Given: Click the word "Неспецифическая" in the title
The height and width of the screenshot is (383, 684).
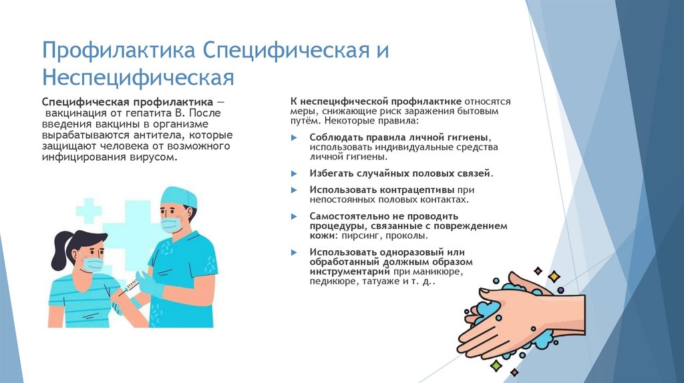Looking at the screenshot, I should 138,76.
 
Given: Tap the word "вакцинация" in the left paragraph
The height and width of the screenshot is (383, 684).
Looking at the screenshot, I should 77,114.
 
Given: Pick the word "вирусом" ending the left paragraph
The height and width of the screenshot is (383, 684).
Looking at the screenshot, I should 159,157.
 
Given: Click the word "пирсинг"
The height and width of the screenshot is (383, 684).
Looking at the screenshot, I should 361,236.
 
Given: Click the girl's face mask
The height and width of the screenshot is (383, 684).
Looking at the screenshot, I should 92,265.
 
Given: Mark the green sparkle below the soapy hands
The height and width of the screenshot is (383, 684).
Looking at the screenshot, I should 496,365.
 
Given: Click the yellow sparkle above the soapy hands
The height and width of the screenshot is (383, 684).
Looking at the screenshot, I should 553,276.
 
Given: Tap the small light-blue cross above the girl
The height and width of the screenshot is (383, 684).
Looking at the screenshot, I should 88,211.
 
